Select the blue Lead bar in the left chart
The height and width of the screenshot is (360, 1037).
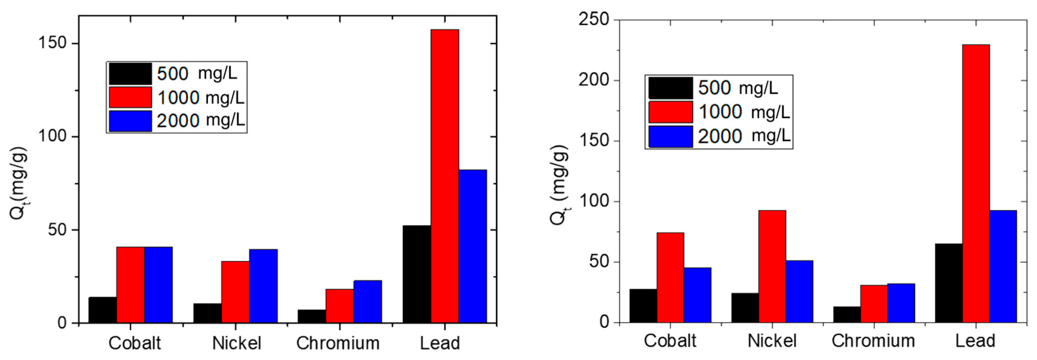pyautogui.click(x=473, y=246)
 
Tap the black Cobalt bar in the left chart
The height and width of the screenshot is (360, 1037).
pyautogui.click(x=103, y=310)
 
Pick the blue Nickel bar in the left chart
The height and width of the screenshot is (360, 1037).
pyautogui.click(x=263, y=286)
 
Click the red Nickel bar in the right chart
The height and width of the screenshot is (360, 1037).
pyautogui.click(x=772, y=266)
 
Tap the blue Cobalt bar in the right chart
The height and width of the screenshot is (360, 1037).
pyautogui.click(x=697, y=295)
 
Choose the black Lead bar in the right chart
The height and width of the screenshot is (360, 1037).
pyautogui.click(x=949, y=283)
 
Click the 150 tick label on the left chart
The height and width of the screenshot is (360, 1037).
pyautogui.click(x=52, y=43)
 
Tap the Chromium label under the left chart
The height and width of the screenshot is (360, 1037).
pyautogui.click(x=338, y=344)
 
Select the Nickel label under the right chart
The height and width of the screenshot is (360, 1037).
pyautogui.click(x=772, y=341)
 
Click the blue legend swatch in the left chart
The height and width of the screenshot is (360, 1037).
pyautogui.click(x=130, y=121)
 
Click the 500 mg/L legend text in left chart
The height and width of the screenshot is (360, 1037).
pyautogui.click(x=196, y=74)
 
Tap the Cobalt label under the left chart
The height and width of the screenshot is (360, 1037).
pyautogui.click(x=134, y=344)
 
